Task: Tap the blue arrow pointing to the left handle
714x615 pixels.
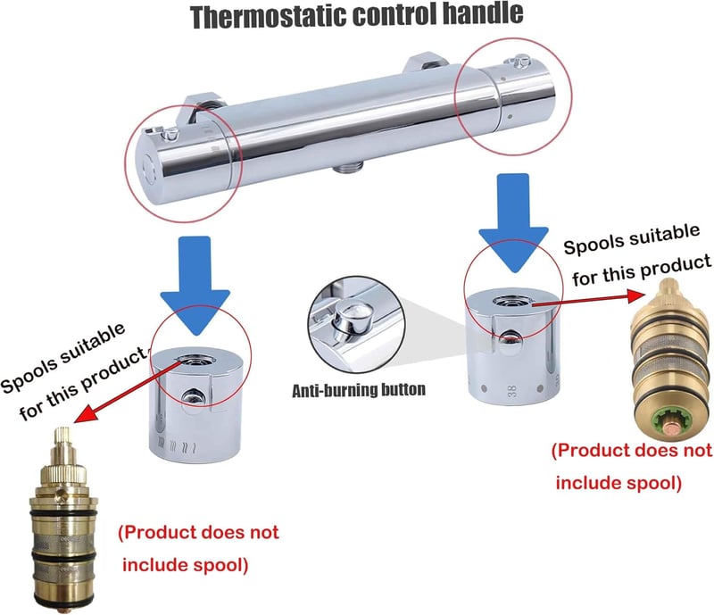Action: tap(195, 285)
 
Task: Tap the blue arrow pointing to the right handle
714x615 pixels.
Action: tap(514, 222)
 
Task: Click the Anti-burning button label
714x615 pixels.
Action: tap(359, 390)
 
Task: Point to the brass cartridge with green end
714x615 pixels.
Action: tap(670, 359)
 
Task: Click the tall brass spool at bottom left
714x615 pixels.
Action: tap(62, 519)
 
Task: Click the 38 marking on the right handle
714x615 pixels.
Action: tap(512, 390)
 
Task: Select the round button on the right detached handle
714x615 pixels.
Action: tap(510, 338)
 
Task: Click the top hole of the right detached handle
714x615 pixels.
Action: tap(509, 301)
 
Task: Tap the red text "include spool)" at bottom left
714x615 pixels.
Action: tap(186, 565)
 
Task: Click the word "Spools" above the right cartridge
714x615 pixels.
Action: tap(588, 244)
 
